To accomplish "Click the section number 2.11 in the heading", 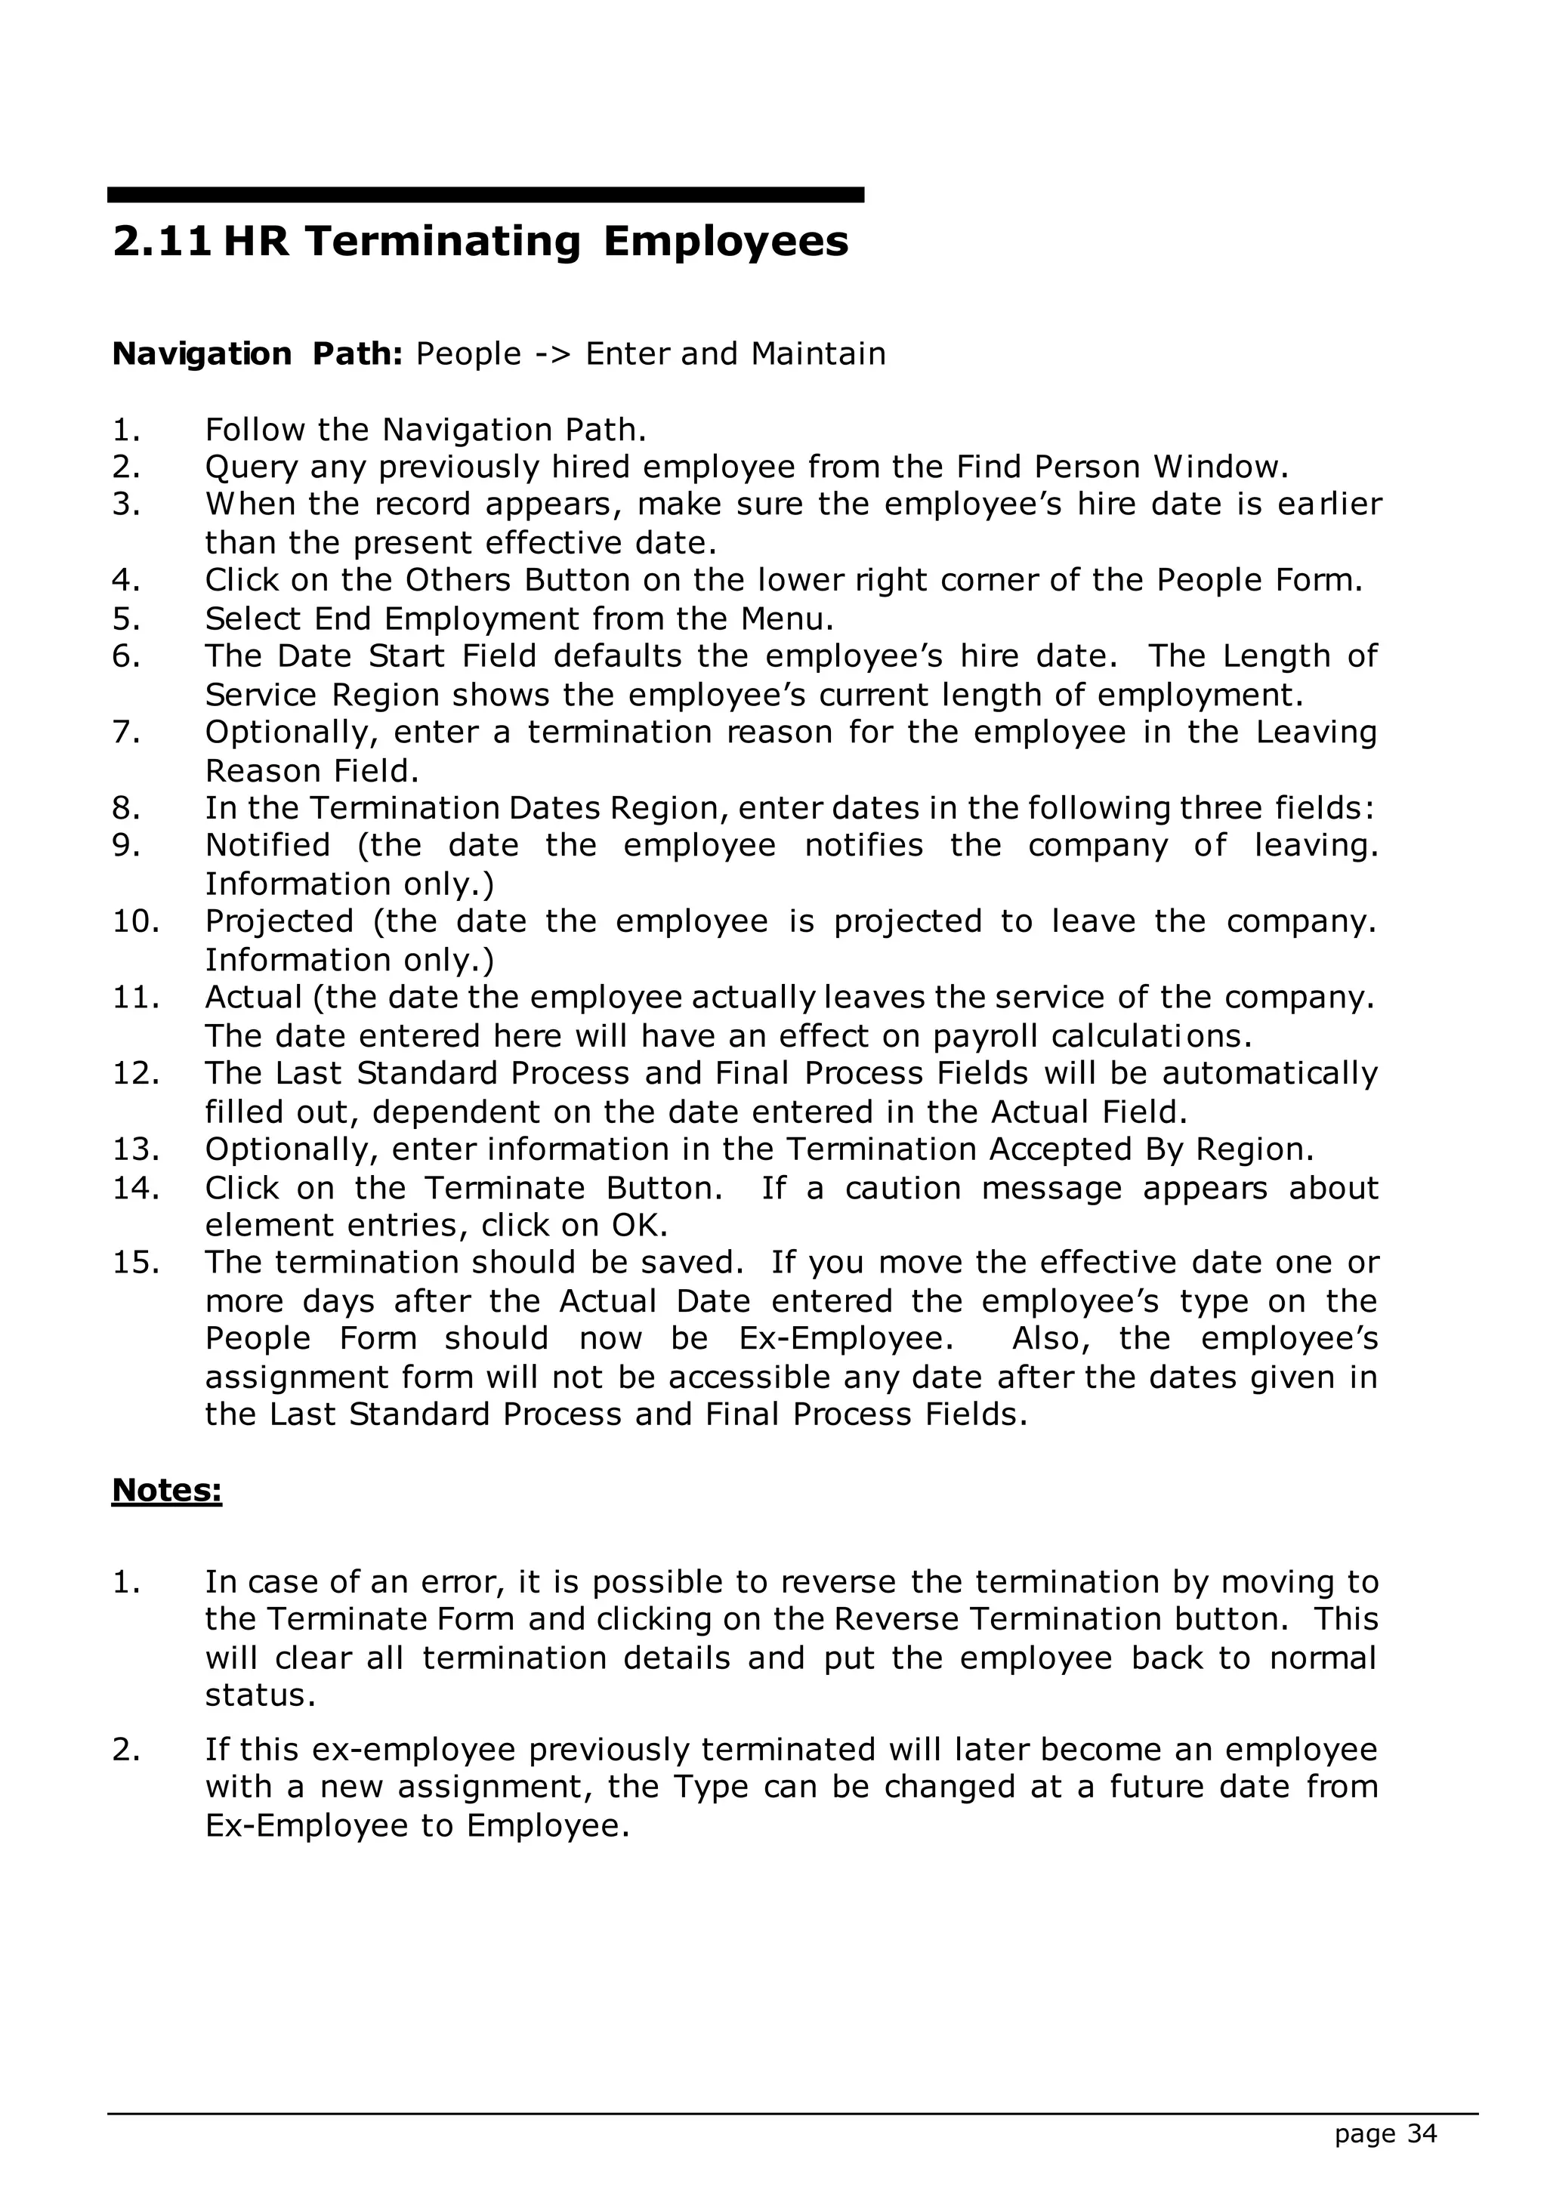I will coord(161,241).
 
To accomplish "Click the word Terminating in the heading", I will coord(443,241).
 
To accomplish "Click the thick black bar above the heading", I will coord(486,194).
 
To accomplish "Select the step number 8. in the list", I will coord(127,808).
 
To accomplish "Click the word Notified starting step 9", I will coord(267,845).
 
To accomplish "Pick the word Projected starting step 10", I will coord(279,921).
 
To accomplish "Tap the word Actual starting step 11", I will coord(253,998).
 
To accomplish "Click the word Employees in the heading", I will coord(725,241).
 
